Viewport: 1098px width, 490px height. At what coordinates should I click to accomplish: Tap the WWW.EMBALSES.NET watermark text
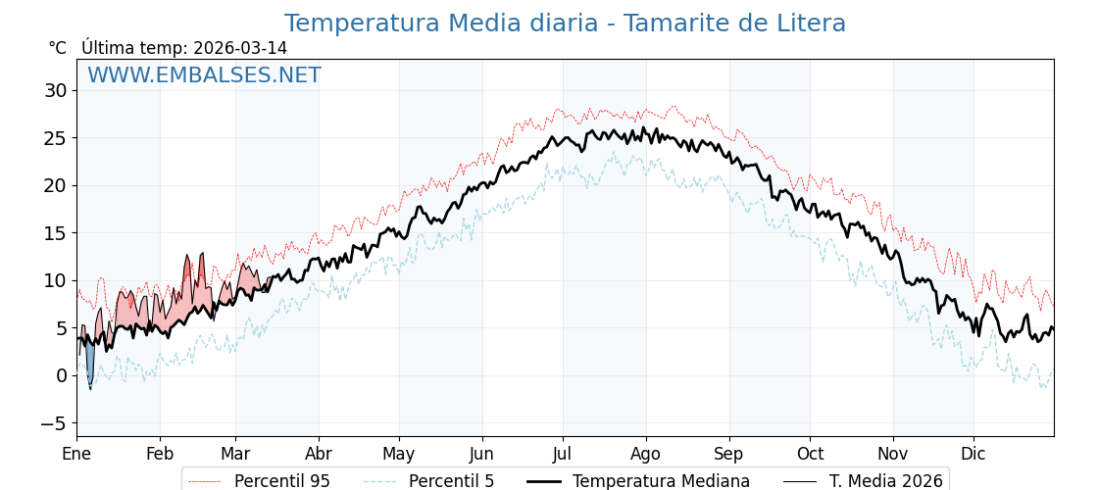coord(204,75)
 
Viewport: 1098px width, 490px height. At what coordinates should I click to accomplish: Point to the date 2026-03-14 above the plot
coord(240,48)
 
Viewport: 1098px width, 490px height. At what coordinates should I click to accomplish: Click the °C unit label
coord(58,48)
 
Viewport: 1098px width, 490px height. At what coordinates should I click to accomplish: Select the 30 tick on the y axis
coord(55,91)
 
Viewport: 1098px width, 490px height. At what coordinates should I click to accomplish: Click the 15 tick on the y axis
coord(55,233)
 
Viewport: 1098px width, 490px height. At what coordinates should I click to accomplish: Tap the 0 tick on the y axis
coord(61,376)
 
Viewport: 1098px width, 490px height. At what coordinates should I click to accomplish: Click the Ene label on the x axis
coord(76,454)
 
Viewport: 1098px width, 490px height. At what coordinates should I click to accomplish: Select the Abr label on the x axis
coord(319,454)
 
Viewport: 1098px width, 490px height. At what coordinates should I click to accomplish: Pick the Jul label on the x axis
coord(563,454)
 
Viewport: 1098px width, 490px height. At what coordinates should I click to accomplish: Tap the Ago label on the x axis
coord(646,454)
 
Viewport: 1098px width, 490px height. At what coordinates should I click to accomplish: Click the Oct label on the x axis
coord(810,454)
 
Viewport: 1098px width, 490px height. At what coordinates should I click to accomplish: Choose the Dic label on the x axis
coord(973,454)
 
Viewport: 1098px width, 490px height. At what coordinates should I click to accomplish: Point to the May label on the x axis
coord(399,454)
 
